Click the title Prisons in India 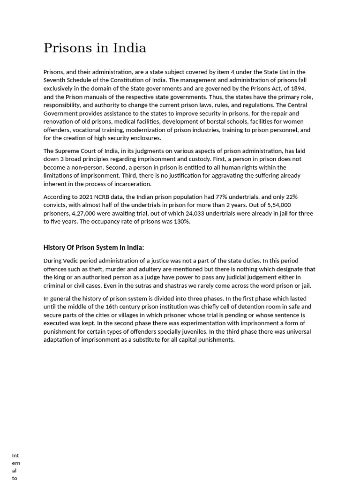point(95,48)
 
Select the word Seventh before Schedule point(56,80)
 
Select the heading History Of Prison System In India point(94,247)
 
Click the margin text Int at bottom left point(15,456)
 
